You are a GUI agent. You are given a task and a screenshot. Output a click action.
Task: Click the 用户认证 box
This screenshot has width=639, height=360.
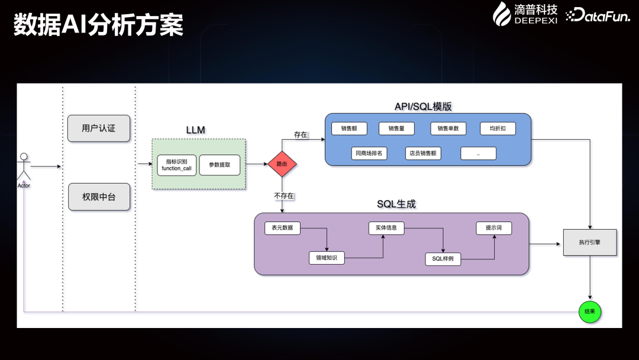click(98, 128)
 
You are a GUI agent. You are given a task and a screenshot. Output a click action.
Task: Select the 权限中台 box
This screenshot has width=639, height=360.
click(98, 197)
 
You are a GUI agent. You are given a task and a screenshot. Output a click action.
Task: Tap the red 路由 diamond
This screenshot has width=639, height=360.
click(282, 163)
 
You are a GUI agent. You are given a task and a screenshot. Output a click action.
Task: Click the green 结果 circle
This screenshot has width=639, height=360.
click(589, 311)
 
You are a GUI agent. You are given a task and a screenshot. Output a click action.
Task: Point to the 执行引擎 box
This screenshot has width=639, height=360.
click(589, 242)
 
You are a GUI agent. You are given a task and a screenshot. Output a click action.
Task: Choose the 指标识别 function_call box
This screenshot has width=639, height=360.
click(176, 165)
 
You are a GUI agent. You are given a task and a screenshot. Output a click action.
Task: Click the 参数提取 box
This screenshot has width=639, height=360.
click(220, 165)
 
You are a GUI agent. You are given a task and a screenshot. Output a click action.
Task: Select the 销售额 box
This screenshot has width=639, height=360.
click(349, 128)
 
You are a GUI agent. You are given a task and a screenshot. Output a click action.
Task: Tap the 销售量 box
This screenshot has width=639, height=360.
click(396, 128)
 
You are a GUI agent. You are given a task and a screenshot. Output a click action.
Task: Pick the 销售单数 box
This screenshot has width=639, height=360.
click(448, 128)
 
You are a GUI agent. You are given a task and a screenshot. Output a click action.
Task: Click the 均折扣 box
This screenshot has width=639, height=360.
click(498, 128)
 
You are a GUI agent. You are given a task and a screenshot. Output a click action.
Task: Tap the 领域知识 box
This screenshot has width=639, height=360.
click(326, 258)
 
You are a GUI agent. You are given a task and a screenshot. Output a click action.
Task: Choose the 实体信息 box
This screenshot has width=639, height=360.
click(386, 228)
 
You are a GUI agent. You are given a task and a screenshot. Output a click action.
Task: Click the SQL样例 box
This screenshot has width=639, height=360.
click(443, 259)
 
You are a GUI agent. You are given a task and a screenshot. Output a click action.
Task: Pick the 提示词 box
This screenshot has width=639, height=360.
click(494, 228)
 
